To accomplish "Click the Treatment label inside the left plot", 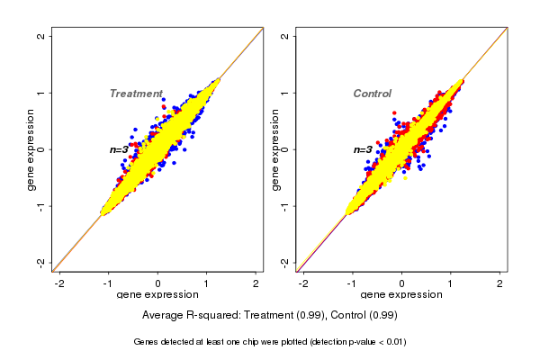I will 136,94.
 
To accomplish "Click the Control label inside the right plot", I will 372,94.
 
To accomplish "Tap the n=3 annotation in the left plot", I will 121,149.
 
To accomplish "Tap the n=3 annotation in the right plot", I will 363,149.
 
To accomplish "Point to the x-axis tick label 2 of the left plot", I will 256,283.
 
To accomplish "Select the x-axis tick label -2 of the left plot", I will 59,283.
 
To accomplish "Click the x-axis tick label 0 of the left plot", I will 157,283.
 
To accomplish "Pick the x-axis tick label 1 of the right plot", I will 450,283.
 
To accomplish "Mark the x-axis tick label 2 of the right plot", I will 499,283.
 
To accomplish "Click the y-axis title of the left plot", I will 31,148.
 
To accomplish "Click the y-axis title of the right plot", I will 275,148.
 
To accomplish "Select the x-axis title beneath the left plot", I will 157,295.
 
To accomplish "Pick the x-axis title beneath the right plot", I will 401,295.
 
